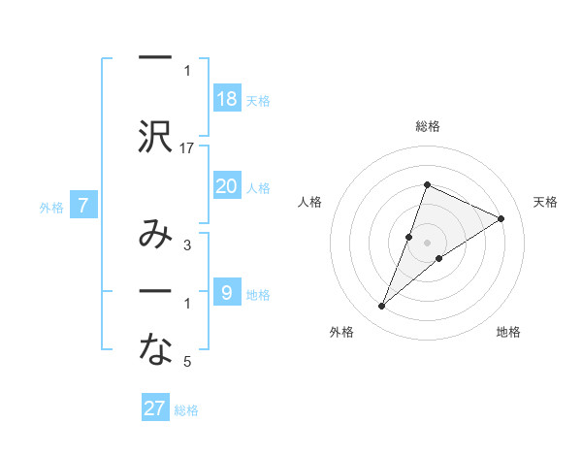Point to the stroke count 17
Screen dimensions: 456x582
(187, 148)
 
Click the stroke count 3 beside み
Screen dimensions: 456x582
(187, 246)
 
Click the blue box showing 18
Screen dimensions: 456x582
(226, 99)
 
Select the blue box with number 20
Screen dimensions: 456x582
(226, 186)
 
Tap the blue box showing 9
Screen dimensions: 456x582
(226, 293)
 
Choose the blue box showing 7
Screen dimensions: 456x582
(83, 205)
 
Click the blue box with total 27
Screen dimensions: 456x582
(155, 408)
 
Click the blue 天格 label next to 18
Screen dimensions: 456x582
(258, 100)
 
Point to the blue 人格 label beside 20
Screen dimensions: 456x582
(258, 187)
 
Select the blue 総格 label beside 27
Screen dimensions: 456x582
(186, 409)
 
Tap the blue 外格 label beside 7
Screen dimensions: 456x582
(51, 206)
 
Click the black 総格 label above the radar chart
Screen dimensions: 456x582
(427, 126)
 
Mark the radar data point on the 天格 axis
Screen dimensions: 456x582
(501, 218)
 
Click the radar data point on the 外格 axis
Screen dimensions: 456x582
(382, 307)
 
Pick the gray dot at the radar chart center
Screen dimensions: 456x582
(427, 242)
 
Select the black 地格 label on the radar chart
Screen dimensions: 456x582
(508, 332)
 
